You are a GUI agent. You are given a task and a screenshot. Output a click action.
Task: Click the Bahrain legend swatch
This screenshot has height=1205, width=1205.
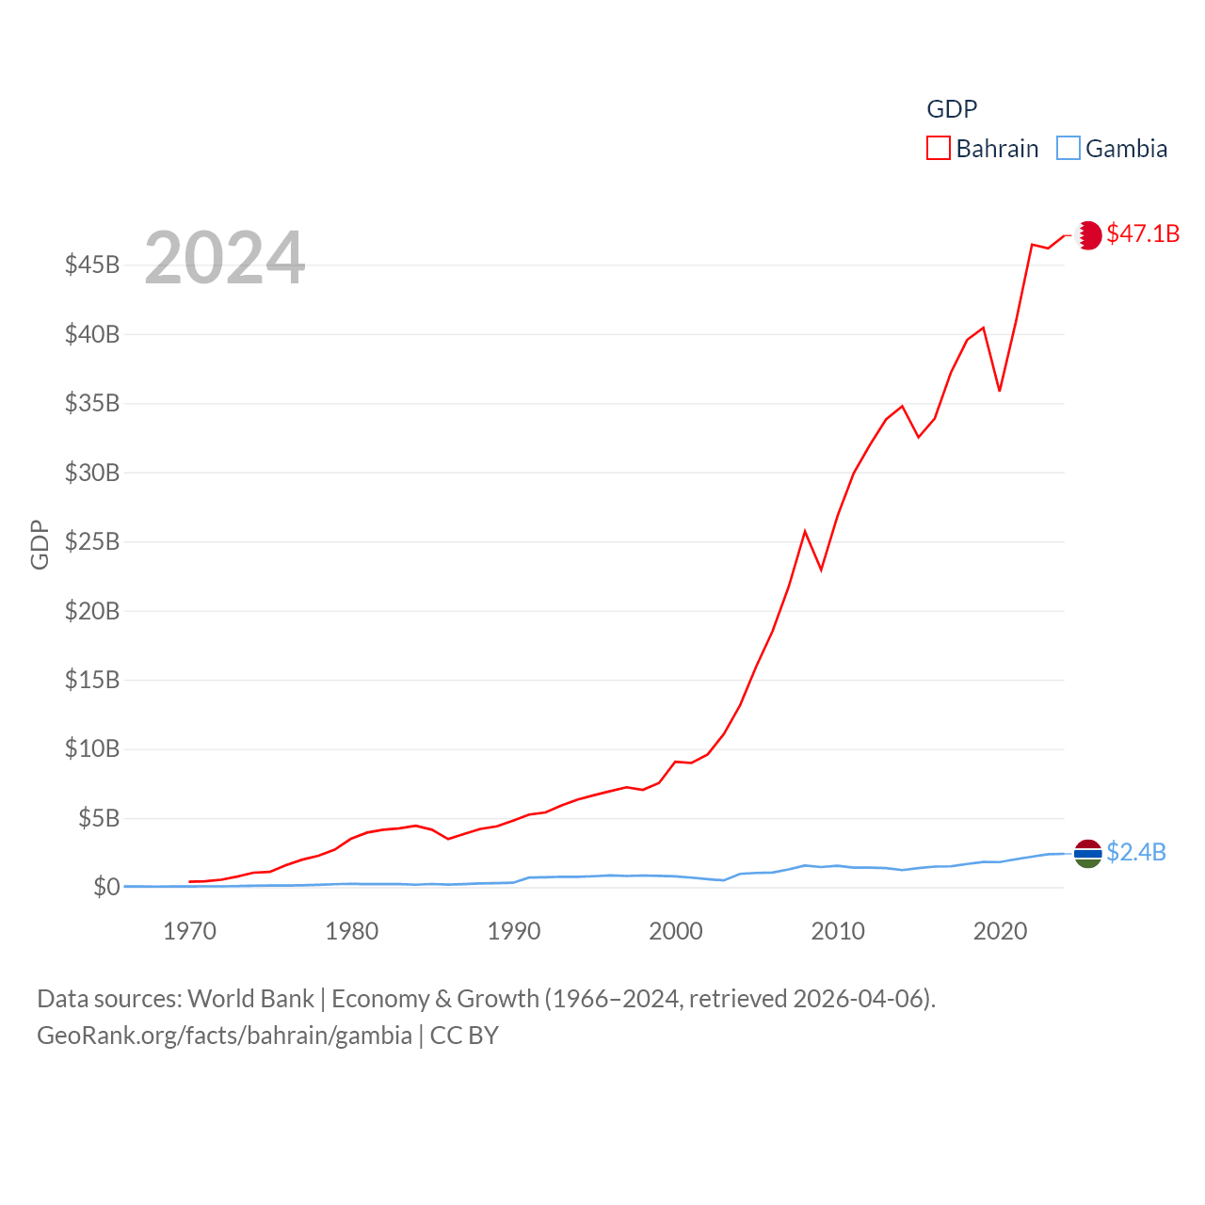(x=939, y=149)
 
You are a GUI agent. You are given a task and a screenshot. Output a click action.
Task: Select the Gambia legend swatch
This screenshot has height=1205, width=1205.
(x=1068, y=149)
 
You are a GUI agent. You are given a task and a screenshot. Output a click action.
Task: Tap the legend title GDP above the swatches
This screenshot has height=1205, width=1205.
(x=952, y=109)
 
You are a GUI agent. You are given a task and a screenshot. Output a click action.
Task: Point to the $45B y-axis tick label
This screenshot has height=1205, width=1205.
(x=92, y=265)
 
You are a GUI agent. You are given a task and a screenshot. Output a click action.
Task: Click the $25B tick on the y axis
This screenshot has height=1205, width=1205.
(x=92, y=541)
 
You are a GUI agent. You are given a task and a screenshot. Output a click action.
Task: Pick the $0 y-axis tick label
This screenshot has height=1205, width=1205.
(x=106, y=887)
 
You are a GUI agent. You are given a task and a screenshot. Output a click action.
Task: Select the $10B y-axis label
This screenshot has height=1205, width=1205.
(x=92, y=748)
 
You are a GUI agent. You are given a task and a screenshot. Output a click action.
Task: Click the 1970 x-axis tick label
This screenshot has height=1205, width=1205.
(x=189, y=932)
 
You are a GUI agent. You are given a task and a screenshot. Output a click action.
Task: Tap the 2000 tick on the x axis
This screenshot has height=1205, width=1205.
(x=676, y=932)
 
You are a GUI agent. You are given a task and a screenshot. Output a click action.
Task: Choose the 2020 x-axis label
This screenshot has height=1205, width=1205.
(x=1000, y=932)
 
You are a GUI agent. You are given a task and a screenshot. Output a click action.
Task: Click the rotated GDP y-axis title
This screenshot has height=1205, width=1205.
(x=40, y=544)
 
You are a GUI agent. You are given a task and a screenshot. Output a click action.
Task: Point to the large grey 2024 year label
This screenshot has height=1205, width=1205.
(x=224, y=257)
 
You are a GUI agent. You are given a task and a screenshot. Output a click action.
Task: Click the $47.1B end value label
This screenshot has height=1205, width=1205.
(x=1143, y=233)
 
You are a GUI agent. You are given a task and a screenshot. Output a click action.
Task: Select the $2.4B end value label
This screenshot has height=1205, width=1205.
(x=1136, y=852)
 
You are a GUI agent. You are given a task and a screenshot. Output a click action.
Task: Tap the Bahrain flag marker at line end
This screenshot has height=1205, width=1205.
(x=1088, y=235)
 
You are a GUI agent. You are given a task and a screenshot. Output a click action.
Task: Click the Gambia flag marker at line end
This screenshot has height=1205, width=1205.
(x=1088, y=853)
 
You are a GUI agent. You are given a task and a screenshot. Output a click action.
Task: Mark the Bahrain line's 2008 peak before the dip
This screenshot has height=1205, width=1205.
(x=805, y=532)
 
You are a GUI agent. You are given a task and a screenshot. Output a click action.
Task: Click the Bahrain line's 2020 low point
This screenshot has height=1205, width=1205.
(x=1000, y=391)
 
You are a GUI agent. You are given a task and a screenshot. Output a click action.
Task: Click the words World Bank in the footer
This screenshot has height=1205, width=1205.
(x=250, y=999)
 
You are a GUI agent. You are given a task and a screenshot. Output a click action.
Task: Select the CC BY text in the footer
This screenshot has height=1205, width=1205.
(x=464, y=1036)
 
